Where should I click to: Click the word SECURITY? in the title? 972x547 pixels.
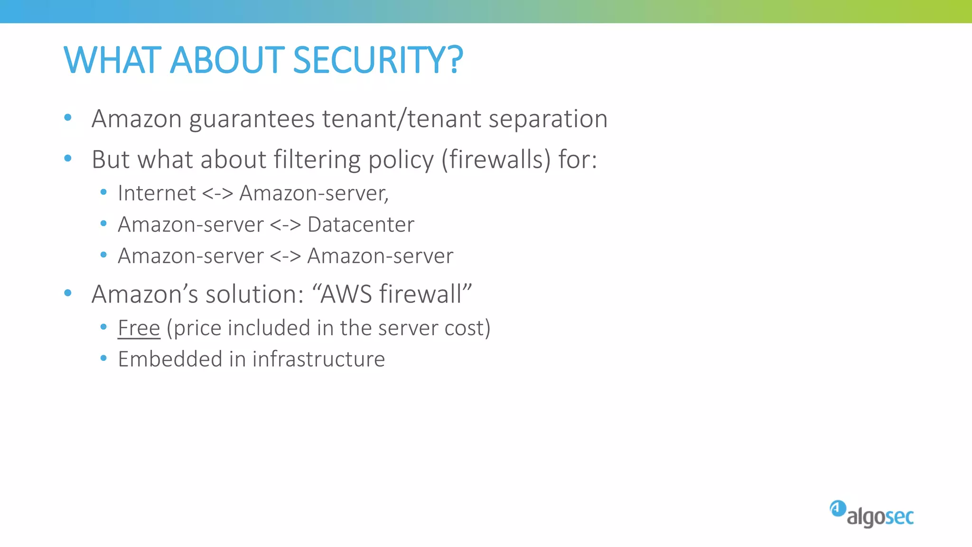378,60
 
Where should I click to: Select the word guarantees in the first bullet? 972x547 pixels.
252,119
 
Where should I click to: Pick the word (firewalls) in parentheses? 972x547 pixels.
496,160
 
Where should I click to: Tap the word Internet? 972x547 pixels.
157,193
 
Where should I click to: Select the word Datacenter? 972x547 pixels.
361,225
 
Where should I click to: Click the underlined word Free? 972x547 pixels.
139,328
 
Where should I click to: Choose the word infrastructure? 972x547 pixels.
318,359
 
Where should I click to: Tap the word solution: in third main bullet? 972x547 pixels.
254,294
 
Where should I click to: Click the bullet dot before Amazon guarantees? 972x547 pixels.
68,117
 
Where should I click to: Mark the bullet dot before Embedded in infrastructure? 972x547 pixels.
103,358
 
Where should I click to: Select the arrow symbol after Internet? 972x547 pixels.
217,194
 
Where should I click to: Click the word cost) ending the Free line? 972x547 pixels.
467,328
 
